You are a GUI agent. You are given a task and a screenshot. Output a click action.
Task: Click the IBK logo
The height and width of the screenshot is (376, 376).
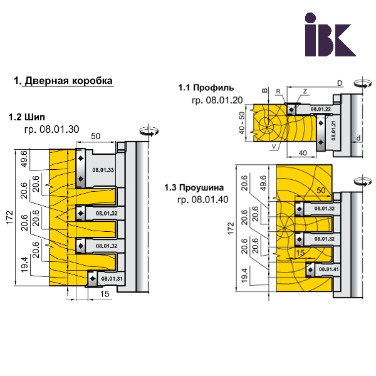pos(330,34)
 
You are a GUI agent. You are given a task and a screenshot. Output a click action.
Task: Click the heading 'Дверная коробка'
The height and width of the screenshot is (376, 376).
pos(68,81)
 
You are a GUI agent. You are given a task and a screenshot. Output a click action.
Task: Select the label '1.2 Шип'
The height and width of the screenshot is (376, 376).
pos(26,117)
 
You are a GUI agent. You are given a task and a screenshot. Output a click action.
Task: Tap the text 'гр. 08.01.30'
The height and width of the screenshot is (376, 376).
pos(51,130)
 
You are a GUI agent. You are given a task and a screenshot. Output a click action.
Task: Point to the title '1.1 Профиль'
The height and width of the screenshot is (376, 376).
pos(206,88)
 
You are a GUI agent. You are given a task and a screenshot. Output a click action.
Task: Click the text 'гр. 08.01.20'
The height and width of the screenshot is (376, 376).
pos(217,100)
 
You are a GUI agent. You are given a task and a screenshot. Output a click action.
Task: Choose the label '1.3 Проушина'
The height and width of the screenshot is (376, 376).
pos(194,187)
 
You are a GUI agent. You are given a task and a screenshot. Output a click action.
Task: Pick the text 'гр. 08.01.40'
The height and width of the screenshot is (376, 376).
pos(203,199)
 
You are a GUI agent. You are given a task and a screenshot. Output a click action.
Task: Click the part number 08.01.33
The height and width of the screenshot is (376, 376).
pos(103,170)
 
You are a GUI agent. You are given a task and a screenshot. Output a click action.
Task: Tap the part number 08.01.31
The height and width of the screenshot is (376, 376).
pos(112,279)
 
